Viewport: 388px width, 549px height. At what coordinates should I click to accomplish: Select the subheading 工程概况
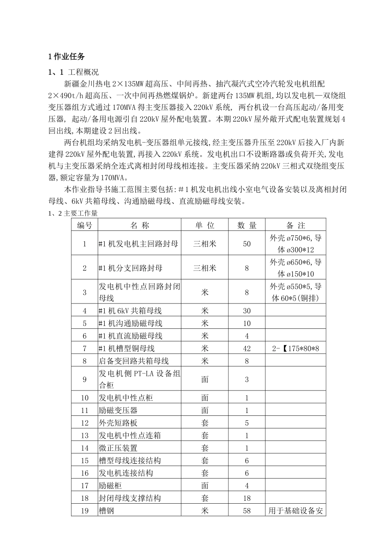(83, 72)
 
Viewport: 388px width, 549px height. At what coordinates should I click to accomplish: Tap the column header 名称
(140, 225)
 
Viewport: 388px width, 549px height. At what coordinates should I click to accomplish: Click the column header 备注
(296, 225)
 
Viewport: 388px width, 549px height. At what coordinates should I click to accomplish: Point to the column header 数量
(247, 225)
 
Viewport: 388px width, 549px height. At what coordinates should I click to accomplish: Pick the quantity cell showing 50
(247, 244)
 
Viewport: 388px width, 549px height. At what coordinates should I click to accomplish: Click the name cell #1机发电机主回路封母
(138, 244)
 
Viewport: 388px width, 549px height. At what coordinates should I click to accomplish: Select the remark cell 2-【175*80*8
(295, 348)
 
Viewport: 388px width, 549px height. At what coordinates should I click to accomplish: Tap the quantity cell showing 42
(247, 348)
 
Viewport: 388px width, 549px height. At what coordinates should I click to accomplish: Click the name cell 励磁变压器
(118, 411)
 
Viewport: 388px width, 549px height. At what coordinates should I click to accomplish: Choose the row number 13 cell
(85, 435)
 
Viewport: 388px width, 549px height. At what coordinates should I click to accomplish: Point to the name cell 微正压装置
(118, 448)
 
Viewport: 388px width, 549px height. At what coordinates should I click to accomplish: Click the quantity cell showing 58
(247, 511)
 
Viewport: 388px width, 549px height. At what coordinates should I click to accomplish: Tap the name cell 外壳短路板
(118, 423)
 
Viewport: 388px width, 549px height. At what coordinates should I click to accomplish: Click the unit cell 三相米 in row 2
(205, 268)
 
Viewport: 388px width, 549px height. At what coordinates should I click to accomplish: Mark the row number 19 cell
(85, 511)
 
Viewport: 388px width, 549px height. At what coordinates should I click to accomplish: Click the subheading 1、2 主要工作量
(73, 213)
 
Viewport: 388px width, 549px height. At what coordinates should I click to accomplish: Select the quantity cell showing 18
(247, 498)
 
